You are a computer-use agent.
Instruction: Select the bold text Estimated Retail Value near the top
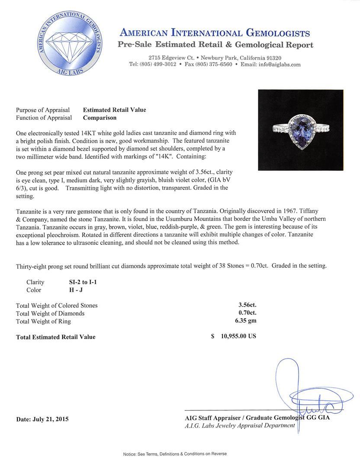click(x=114, y=110)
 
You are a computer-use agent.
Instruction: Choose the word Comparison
click(x=100, y=118)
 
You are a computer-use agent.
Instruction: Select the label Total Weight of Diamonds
click(x=50, y=313)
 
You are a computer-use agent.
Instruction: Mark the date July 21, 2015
click(x=42, y=419)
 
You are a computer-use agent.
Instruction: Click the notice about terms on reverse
click(x=175, y=454)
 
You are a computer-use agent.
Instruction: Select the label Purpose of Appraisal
click(x=43, y=110)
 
